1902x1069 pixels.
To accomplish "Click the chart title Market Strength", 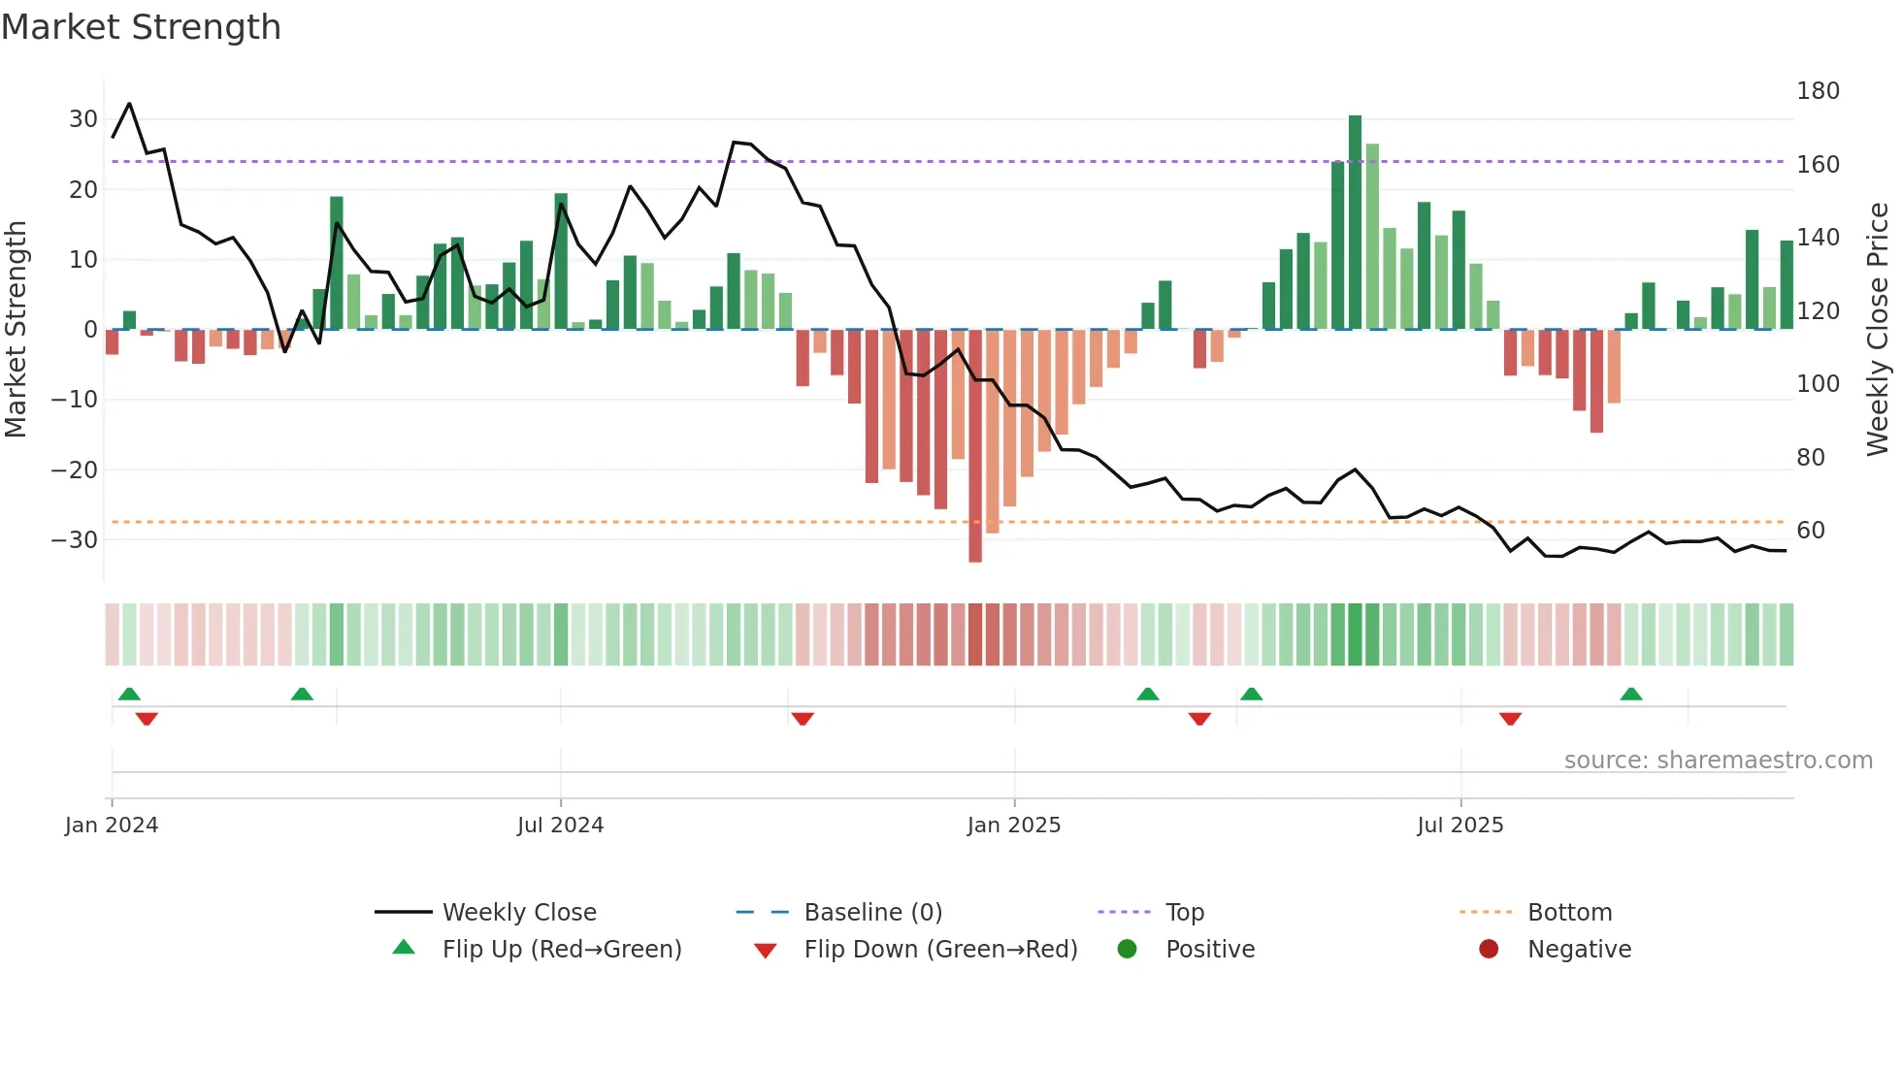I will pos(141,27).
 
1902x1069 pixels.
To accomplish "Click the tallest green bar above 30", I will pos(1355,221).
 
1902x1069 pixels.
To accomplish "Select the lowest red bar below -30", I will pos(975,446).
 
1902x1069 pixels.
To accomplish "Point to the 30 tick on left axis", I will pos(83,119).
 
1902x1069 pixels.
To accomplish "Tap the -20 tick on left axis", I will pos(75,470).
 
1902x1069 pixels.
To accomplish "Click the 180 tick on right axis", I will pos(1818,91).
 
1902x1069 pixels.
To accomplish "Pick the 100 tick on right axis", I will pos(1818,384).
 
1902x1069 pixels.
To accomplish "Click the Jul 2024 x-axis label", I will pos(560,826).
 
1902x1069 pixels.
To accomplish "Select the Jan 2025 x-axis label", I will pos(1014,826).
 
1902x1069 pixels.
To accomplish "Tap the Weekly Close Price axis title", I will pos(1878,330).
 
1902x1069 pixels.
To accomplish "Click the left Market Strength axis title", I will pos(16,330).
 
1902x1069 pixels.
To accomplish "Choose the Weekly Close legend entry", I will pos(519,913).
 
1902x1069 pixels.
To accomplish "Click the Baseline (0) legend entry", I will pos(872,913).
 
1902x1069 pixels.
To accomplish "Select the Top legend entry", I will pos(1184,913).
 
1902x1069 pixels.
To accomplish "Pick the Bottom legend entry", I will pos(1569,913).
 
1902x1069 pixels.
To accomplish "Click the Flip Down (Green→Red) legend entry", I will pos(939,950).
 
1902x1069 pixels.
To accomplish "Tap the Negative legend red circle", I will pos(1489,950).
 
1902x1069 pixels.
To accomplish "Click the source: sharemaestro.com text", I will pos(1718,761).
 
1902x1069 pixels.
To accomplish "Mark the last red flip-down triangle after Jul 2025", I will pos(1510,719).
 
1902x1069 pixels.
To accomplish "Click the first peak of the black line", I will pos(129,104).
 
